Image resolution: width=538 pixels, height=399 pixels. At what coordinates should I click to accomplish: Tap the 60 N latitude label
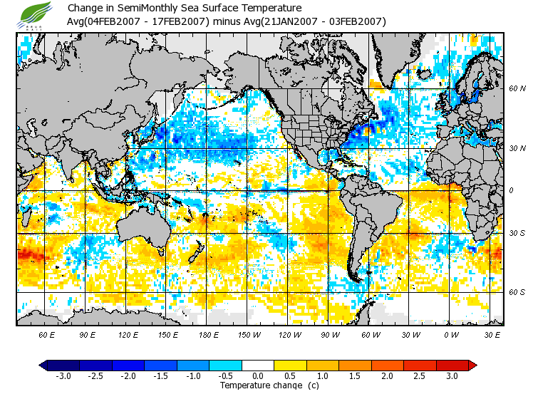click(x=517, y=89)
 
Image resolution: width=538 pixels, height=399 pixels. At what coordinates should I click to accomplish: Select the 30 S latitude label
click(x=517, y=233)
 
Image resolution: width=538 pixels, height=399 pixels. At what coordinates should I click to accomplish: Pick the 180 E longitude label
click(x=209, y=334)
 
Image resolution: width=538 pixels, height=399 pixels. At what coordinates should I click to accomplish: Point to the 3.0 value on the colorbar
click(x=451, y=375)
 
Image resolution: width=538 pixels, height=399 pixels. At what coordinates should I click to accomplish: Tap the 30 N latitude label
click(x=517, y=148)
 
